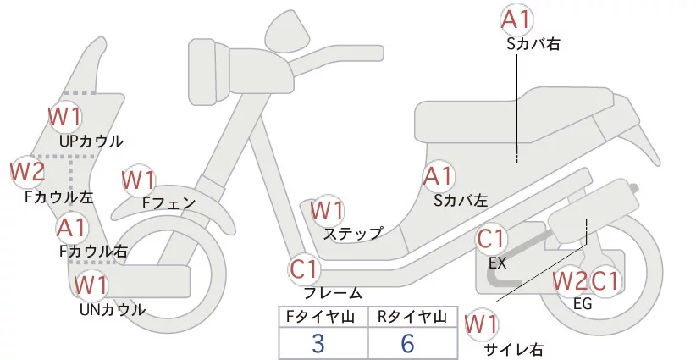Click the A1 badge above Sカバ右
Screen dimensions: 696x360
[517, 19]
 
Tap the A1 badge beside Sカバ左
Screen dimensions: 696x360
[439, 177]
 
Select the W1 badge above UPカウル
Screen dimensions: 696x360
[64, 117]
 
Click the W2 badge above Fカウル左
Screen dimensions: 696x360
[27, 172]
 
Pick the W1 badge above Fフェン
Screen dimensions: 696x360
[138, 180]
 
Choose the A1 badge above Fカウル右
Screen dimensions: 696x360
[72, 228]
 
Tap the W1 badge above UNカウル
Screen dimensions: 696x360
[91, 285]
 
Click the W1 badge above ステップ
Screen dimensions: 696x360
[327, 210]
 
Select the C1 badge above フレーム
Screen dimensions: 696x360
[306, 270]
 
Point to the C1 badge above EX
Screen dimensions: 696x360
[492, 240]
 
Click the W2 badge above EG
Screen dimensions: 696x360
[569, 280]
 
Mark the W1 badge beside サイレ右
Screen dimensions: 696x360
[482, 324]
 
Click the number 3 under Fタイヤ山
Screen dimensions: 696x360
[318, 344]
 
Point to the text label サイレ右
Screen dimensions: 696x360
[513, 349]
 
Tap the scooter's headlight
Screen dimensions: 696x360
[205, 65]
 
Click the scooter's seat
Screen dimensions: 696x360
[508, 114]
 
